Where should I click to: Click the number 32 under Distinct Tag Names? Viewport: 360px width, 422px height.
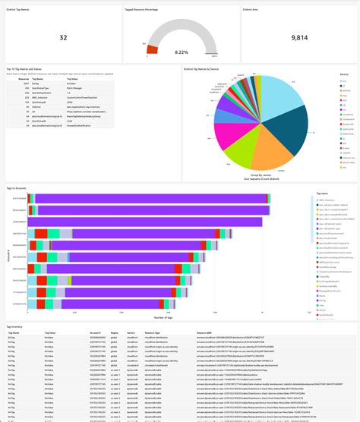click(x=63, y=36)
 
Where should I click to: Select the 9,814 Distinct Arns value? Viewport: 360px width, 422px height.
click(x=298, y=36)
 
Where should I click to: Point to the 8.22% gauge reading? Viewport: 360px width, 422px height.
click(x=180, y=52)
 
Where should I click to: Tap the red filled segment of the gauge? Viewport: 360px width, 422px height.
click(x=152, y=49)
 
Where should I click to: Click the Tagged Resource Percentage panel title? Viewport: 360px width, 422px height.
click(x=141, y=11)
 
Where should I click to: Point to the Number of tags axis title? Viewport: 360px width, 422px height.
click(x=164, y=316)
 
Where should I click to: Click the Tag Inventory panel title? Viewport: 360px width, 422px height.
click(x=15, y=326)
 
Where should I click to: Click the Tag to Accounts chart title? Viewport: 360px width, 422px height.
click(x=17, y=186)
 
